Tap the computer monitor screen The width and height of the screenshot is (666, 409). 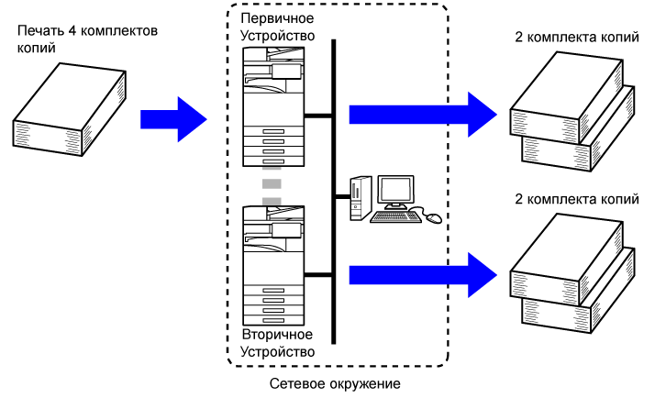click(398, 191)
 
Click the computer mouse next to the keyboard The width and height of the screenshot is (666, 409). click(432, 218)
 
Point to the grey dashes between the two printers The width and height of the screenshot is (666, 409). click(271, 185)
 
